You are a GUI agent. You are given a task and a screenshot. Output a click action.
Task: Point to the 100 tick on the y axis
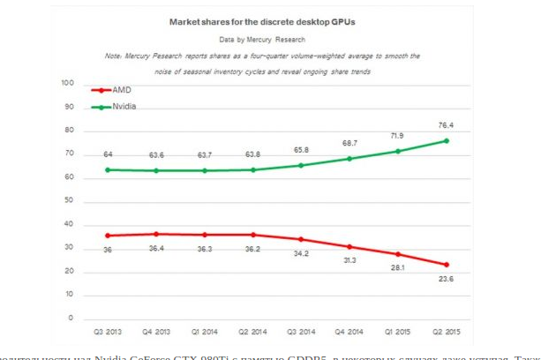click(67, 83)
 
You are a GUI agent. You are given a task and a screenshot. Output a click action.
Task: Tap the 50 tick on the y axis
click(69, 201)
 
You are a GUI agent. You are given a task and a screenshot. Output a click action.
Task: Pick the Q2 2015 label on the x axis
click(447, 334)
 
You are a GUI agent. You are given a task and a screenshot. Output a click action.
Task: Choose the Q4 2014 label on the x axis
click(349, 334)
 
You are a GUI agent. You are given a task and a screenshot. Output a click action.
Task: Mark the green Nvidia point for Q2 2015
click(447, 140)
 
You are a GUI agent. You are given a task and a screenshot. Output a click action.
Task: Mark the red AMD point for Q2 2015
click(447, 265)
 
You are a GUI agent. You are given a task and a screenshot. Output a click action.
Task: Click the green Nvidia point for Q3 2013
click(107, 169)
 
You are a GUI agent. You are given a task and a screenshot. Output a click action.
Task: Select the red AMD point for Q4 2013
click(156, 234)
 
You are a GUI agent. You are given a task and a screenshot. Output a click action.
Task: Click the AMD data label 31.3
click(349, 261)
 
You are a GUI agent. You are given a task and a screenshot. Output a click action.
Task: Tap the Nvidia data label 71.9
click(397, 138)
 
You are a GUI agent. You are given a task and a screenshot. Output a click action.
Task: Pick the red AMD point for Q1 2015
click(398, 254)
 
